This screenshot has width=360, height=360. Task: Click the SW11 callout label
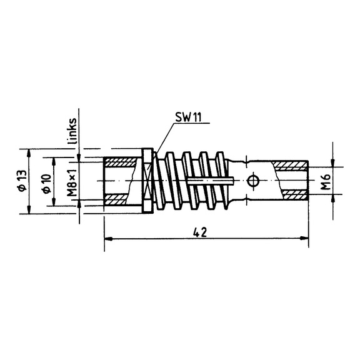point(188,117)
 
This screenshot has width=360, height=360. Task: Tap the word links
point(72,131)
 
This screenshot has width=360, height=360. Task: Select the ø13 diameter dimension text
point(22,181)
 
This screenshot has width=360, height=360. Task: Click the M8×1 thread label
point(72,182)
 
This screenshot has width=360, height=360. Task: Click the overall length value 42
point(200,232)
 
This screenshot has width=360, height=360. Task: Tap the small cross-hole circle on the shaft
point(253,181)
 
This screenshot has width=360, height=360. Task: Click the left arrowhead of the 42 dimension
point(108,239)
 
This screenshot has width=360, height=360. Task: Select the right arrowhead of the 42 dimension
point(304,239)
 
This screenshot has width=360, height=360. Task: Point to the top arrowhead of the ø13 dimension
point(29,153)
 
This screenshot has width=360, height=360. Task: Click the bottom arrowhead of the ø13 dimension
point(29,209)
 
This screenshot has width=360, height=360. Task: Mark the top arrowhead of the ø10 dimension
point(54,162)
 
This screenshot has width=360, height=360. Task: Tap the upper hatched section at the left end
point(120,162)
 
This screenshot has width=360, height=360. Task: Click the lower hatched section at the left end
point(116,200)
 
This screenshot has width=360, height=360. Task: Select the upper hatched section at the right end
point(290,165)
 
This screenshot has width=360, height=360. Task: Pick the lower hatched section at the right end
point(296,194)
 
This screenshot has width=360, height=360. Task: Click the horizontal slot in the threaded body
point(211,181)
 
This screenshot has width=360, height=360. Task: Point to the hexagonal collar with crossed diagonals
point(147,181)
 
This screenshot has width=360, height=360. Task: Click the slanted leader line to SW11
point(164,139)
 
